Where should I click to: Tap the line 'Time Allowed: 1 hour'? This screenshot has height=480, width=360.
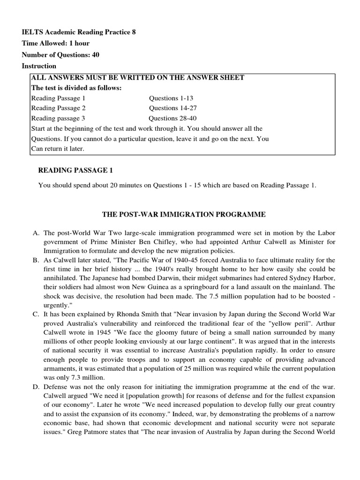56,43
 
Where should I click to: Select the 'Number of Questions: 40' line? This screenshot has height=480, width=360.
60,54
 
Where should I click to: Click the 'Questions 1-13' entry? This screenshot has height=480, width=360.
171,98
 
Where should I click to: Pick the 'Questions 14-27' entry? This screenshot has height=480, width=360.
173,108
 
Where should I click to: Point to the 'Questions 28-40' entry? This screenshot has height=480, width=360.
172,118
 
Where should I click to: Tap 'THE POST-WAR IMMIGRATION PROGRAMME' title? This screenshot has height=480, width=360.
184,214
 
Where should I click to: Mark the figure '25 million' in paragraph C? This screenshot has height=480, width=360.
227,368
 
